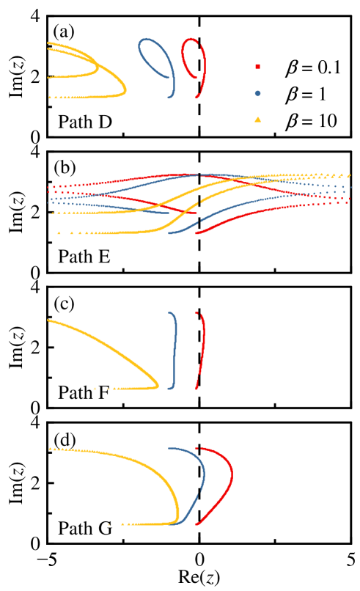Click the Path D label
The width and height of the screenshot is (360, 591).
[x=85, y=122]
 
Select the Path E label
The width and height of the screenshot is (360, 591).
[x=84, y=257]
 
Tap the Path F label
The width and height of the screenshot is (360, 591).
[x=84, y=392]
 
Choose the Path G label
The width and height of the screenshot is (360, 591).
[x=85, y=528]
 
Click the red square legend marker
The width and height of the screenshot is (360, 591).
[x=257, y=67]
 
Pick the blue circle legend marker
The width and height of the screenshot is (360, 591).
[x=257, y=93]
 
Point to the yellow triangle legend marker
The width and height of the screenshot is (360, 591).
[x=257, y=119]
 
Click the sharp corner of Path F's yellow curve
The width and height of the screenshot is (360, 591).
[x=158, y=386]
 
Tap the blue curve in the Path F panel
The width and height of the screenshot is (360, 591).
[x=176, y=345]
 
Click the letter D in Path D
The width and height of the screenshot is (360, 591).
[x=105, y=122]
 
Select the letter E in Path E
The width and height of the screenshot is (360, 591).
[x=104, y=257]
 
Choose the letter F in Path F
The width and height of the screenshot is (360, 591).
[x=103, y=392]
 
